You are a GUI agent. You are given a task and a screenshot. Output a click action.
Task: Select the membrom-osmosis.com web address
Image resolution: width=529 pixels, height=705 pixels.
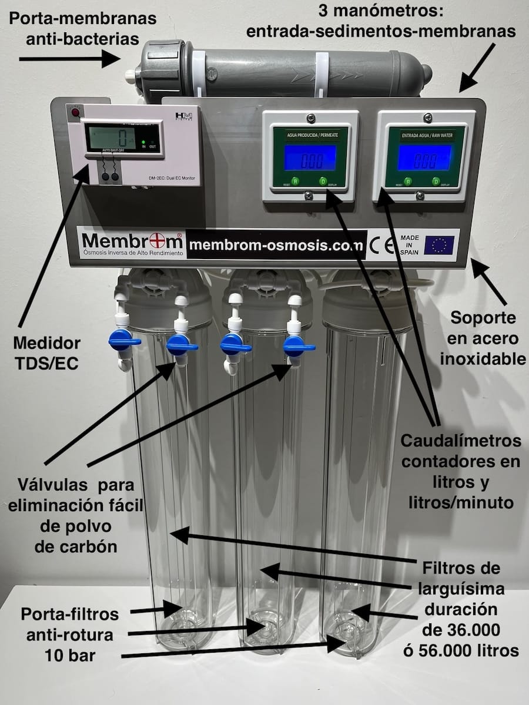point(277,245)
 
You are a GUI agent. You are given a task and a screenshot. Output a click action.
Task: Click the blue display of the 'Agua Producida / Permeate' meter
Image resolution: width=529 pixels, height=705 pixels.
point(310,157)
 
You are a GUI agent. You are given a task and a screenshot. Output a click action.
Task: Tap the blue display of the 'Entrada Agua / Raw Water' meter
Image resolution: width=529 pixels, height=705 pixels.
point(424,157)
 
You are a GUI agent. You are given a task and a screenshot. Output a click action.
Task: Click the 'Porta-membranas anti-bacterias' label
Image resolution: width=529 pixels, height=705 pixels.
point(82,28)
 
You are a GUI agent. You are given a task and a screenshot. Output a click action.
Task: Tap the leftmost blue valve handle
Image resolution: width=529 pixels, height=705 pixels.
point(124,341)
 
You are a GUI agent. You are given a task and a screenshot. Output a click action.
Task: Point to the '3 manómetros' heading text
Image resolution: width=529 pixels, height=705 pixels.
point(381,10)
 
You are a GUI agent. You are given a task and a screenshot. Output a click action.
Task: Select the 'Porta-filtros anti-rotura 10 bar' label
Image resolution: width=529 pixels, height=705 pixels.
point(70,634)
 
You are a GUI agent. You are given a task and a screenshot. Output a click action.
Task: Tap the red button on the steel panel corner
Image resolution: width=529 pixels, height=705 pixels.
point(75,112)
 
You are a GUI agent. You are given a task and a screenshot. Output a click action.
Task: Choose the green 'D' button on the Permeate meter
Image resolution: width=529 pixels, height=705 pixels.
point(322,181)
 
